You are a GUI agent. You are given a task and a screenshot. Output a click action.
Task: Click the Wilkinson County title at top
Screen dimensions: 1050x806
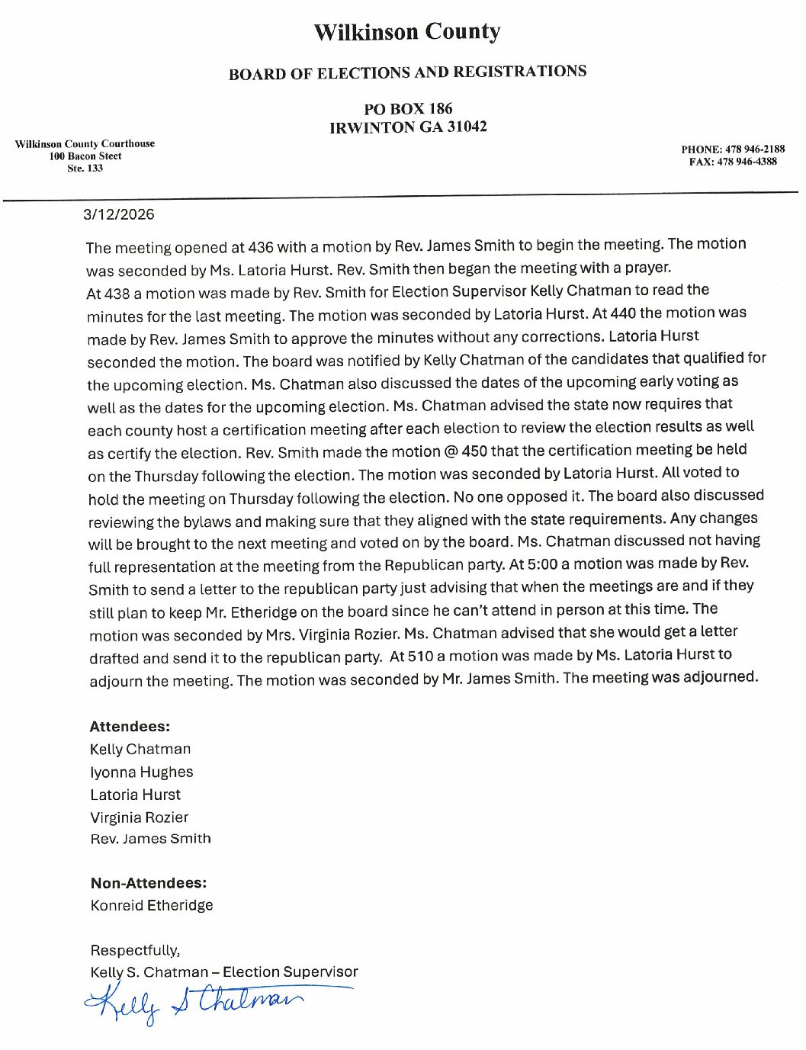click(x=406, y=32)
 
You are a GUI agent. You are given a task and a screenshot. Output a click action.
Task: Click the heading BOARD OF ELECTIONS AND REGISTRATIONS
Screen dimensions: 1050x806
click(x=407, y=72)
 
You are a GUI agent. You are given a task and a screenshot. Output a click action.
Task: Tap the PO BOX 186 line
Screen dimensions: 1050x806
click(x=408, y=108)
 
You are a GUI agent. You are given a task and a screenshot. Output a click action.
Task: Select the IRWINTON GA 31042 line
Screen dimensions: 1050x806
click(x=408, y=127)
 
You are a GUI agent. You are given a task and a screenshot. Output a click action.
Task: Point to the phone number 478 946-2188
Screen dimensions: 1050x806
click(x=754, y=149)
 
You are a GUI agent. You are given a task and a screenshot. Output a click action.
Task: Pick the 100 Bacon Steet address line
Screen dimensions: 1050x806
click(x=85, y=156)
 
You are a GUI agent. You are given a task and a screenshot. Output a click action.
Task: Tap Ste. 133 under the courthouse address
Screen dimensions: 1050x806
click(x=85, y=169)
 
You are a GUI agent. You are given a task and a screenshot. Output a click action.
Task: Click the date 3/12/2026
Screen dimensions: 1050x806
click(x=119, y=214)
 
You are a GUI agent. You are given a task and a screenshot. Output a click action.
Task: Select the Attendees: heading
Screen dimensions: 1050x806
click(x=130, y=727)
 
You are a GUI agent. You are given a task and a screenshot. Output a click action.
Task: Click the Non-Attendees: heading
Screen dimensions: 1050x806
click(x=149, y=883)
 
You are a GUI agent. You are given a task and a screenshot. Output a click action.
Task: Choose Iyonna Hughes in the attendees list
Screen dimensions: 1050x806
click(x=142, y=772)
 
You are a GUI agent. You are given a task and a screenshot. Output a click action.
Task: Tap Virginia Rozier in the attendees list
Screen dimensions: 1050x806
click(x=140, y=817)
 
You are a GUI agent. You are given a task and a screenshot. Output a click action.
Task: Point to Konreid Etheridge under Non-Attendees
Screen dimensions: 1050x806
click(x=152, y=905)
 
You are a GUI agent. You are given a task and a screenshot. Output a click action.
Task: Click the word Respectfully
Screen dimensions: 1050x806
click(x=135, y=950)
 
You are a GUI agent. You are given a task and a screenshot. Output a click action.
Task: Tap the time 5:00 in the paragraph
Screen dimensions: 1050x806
click(x=542, y=564)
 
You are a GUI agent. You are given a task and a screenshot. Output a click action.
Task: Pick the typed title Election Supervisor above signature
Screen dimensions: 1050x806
click(x=291, y=971)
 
